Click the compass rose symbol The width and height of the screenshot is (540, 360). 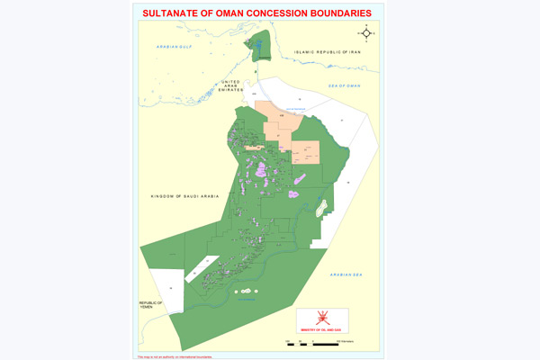365,34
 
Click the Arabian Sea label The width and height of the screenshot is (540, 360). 346,274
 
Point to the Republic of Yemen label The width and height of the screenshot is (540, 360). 151,305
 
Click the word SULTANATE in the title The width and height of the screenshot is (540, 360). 168,13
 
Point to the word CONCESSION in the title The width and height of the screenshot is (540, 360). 275,13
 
